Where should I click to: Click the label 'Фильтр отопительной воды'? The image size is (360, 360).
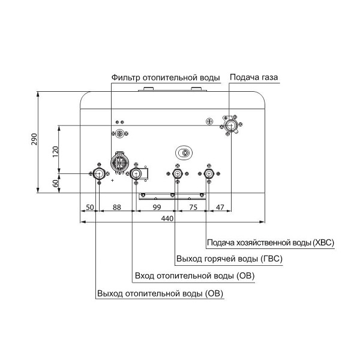point(166,78)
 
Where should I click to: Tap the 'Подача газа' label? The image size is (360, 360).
point(254,78)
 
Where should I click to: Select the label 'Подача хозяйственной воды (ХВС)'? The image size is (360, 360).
point(270,243)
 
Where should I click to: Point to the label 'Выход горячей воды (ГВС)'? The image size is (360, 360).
point(229,259)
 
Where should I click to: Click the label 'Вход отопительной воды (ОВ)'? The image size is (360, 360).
point(194,276)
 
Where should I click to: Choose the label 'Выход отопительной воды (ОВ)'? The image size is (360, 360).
point(155,293)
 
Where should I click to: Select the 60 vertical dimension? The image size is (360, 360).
point(56,184)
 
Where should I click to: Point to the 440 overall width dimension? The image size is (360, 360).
point(167,219)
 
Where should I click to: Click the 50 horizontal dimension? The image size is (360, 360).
point(89,207)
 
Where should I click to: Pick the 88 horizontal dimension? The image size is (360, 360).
point(116,207)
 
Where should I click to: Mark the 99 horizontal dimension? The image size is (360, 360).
point(157,207)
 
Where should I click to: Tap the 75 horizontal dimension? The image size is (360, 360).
point(193,207)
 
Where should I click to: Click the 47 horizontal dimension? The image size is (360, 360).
point(220,207)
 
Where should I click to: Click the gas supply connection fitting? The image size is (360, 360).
point(231,125)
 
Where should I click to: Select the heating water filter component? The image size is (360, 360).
point(120,163)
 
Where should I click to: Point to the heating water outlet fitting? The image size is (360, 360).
point(98,174)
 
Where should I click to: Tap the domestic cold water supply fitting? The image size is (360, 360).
point(208,174)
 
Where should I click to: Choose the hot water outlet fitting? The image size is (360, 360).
point(177,174)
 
